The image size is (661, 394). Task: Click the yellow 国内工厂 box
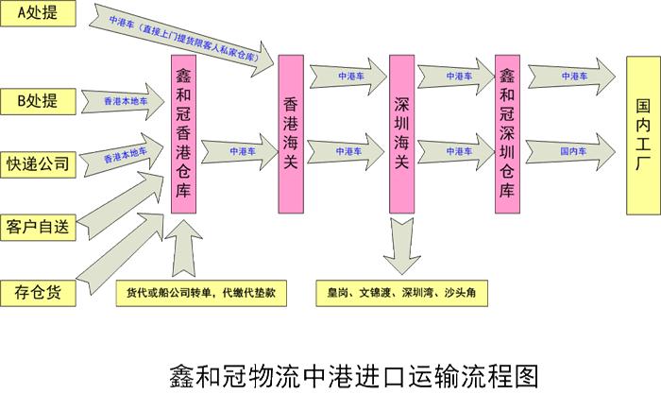(x=643, y=135)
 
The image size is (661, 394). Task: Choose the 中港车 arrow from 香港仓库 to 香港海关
(x=244, y=149)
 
